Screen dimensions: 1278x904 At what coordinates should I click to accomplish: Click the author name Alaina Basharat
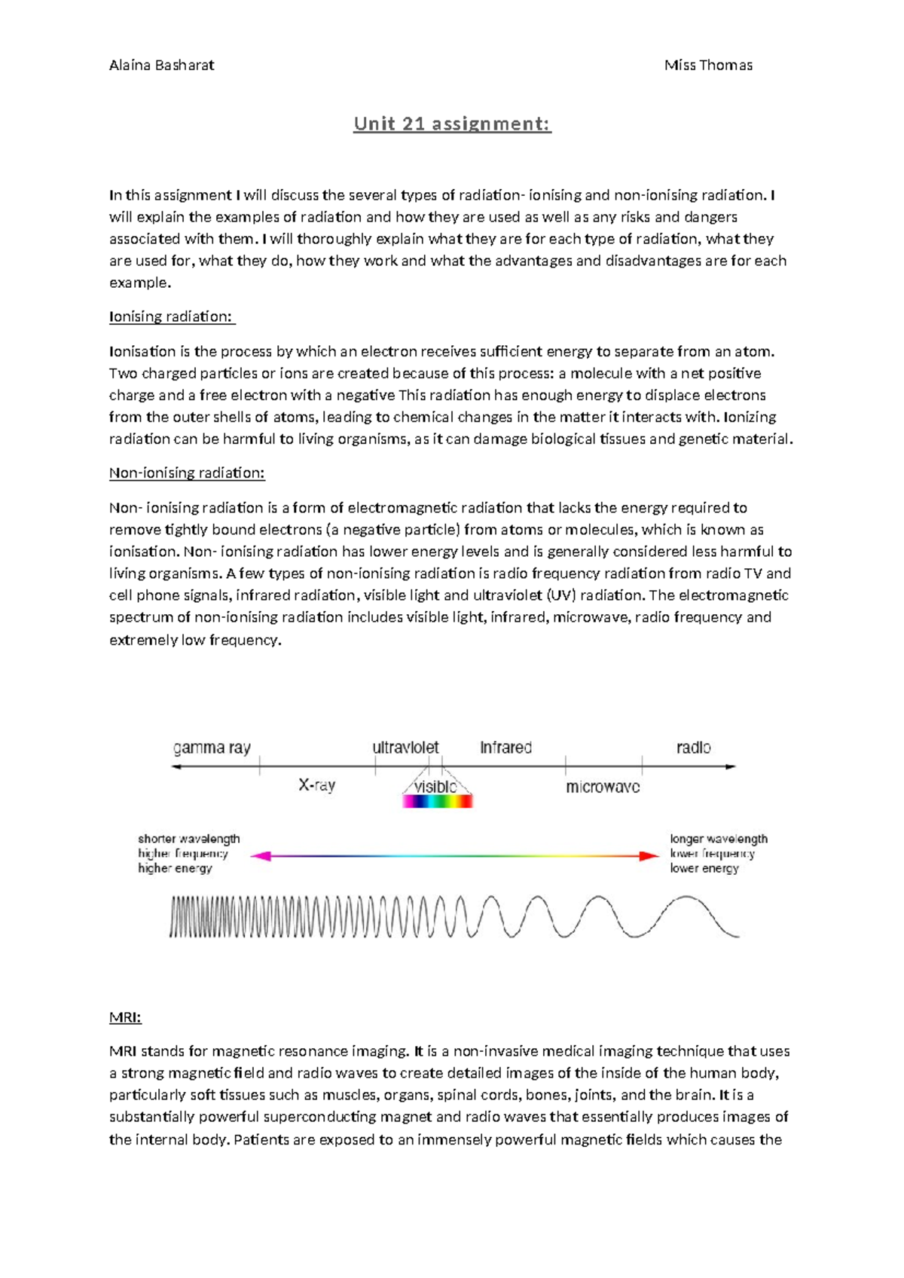[x=161, y=65]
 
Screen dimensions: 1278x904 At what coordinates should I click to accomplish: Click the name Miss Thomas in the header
[x=707, y=65]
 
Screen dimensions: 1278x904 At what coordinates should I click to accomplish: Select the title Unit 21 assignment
[x=452, y=124]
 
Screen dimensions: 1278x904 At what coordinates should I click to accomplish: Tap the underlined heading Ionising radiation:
[x=171, y=316]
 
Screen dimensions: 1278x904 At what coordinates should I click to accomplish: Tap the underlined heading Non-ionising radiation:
[x=187, y=473]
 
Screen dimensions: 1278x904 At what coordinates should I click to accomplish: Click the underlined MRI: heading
[x=125, y=1017]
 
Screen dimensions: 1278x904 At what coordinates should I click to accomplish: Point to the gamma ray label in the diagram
[x=212, y=748]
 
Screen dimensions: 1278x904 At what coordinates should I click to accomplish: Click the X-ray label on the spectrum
[x=316, y=785]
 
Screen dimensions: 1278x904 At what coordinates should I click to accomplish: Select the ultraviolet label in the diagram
[x=405, y=748]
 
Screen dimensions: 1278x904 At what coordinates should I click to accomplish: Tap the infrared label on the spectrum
[x=505, y=748]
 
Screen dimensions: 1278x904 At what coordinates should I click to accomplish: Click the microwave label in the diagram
[x=603, y=787]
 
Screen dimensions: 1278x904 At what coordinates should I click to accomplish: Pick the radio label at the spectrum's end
[x=693, y=748]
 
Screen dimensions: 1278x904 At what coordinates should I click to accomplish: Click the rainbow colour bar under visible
[x=437, y=802]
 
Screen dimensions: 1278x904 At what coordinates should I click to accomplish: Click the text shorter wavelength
[x=188, y=839]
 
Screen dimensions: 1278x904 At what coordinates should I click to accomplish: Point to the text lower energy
[x=704, y=868]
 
